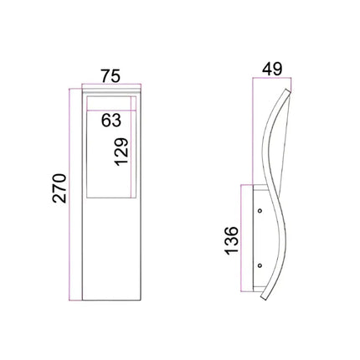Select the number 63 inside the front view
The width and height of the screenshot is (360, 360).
[x=111, y=120]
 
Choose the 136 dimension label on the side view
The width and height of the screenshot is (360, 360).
[x=233, y=239]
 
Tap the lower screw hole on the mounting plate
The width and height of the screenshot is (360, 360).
[x=260, y=267]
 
